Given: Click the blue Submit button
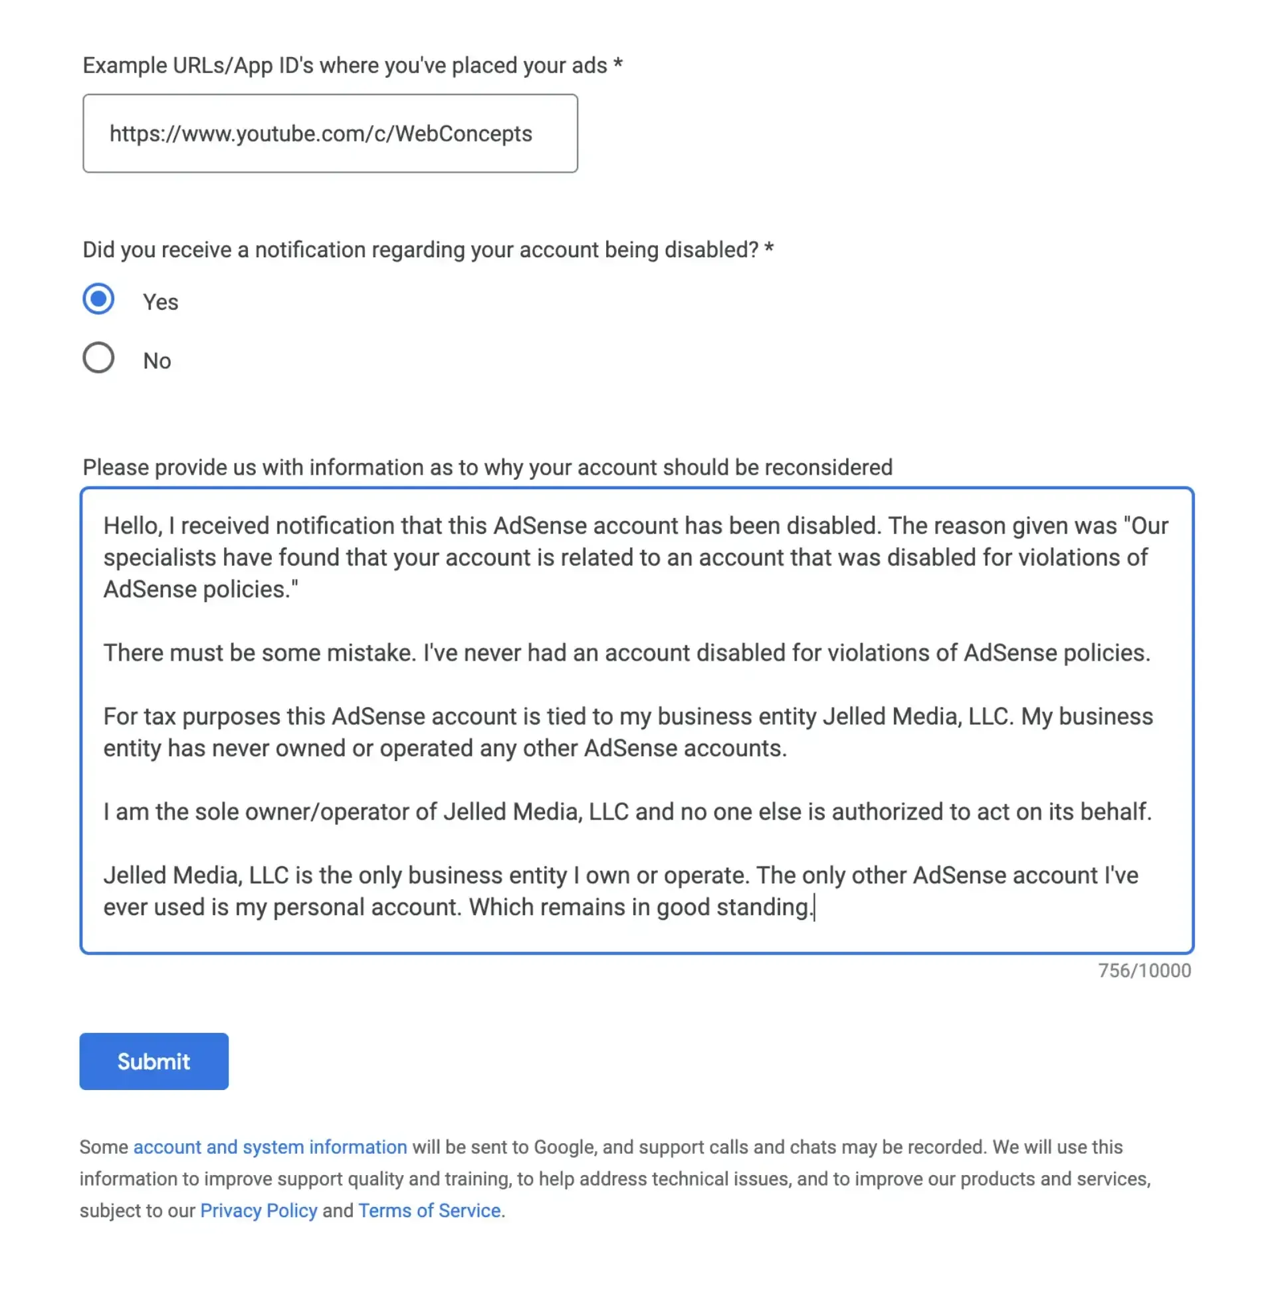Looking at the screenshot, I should click(154, 1061).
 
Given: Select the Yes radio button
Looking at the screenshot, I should click(98, 299).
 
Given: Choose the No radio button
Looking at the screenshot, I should click(98, 358).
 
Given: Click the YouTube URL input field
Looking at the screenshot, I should click(330, 134).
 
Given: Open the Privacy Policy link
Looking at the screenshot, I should click(258, 1211).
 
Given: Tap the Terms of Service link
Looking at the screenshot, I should click(429, 1211).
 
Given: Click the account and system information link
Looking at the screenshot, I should click(270, 1147).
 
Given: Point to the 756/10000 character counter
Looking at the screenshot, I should click(1144, 971).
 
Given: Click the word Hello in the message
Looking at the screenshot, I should click(132, 526).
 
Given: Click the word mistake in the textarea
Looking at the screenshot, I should click(371, 653).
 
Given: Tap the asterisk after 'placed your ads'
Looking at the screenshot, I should click(617, 64).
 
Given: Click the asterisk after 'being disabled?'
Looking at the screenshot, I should click(768, 249).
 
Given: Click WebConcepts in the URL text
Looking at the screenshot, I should click(463, 134).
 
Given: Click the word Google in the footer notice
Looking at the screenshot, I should click(564, 1147).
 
